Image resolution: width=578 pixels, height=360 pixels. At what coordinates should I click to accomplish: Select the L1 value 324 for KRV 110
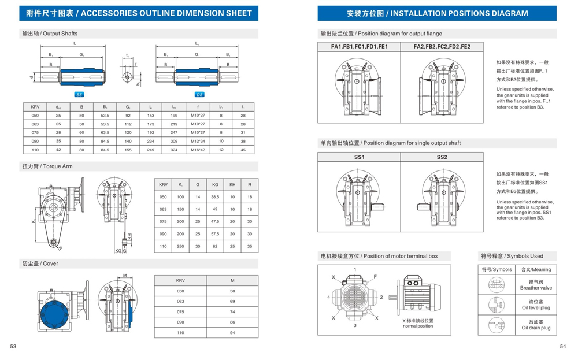(x=173, y=150)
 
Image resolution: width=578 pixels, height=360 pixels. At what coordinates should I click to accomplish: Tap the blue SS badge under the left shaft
(x=79, y=94)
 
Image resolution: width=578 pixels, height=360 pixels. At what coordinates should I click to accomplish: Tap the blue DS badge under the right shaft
(x=199, y=94)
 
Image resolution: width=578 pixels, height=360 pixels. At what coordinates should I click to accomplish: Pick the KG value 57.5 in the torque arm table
(x=215, y=234)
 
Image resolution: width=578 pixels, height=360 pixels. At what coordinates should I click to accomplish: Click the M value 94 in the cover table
(x=232, y=333)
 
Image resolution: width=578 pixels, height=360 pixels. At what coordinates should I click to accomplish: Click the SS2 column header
(x=442, y=157)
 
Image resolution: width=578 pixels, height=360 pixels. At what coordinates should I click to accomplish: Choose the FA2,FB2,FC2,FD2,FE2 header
(x=442, y=47)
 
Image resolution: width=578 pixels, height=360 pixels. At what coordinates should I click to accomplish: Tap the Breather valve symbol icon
(x=496, y=284)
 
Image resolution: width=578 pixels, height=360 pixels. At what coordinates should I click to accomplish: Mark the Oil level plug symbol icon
(x=496, y=304)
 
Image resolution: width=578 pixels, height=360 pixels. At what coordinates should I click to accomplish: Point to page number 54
(x=562, y=347)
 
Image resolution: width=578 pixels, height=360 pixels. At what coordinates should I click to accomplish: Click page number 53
(x=13, y=347)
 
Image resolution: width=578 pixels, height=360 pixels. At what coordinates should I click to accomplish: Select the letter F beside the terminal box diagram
(x=375, y=277)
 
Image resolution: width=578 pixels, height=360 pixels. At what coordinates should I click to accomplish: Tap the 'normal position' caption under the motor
(x=418, y=326)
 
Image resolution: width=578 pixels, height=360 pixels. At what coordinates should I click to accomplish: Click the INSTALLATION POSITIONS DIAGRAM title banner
(x=437, y=13)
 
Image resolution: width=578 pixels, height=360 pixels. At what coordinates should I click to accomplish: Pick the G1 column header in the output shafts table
(x=127, y=107)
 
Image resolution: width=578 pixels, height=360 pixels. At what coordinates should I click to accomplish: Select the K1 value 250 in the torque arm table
(x=180, y=246)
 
